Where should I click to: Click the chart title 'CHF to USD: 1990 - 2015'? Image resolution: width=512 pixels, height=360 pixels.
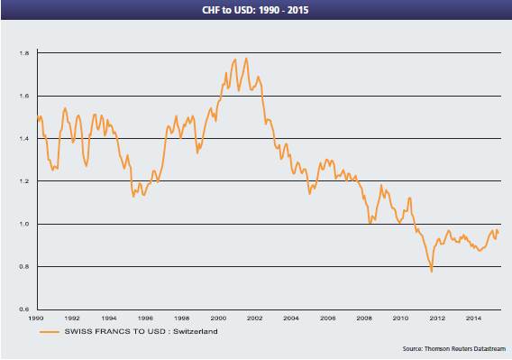coord(255,10)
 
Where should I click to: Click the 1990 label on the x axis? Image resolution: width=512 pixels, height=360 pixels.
coord(36,318)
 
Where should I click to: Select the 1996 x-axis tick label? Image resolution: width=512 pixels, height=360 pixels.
coord(145,318)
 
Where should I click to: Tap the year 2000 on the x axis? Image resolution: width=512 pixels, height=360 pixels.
coord(217,318)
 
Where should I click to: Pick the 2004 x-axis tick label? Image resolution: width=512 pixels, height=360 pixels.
coord(290,318)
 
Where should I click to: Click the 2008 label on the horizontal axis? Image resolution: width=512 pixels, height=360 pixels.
coord(362,318)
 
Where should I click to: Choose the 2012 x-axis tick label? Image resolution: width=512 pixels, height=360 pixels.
coord(434,318)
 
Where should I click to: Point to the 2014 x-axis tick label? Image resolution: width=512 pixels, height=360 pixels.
coord(471,318)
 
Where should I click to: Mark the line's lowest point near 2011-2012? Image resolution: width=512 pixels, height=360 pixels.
coord(431,271)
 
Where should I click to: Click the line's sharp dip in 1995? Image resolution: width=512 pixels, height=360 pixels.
coord(133,196)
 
